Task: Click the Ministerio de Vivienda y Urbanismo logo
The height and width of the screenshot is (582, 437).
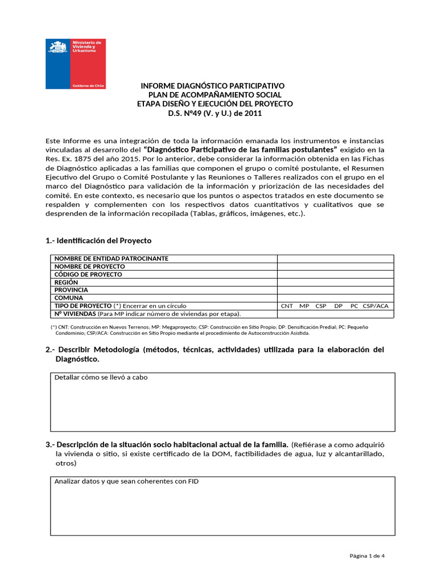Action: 76,64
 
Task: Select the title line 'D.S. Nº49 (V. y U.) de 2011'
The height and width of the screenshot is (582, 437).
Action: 215,113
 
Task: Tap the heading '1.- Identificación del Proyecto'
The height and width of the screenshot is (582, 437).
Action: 98,240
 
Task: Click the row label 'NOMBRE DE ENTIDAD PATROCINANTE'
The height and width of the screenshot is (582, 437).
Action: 111,259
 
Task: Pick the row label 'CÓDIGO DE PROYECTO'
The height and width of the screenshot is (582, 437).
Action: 88,275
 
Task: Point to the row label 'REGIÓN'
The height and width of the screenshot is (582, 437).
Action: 66,282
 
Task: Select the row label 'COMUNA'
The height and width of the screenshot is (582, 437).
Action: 68,298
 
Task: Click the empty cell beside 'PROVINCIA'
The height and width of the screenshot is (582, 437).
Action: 335,290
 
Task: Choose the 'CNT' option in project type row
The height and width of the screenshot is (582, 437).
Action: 287,306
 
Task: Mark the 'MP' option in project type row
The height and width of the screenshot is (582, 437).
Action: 304,306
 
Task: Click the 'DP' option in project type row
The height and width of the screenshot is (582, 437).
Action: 339,306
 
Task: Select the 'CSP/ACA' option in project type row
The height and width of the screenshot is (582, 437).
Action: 376,306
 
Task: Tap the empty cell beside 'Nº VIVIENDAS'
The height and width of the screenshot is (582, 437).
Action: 335,314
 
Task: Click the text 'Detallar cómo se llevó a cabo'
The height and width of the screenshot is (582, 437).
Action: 101,377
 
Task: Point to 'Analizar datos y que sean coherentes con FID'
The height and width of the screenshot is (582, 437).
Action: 126,481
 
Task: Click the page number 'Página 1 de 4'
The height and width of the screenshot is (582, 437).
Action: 367,556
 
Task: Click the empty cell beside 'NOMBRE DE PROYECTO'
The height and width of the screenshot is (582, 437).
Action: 335,267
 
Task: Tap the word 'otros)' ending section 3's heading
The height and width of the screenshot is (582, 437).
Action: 65,463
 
